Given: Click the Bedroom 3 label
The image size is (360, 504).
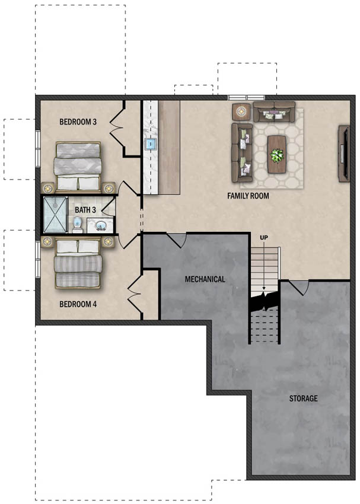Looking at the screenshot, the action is [78, 122].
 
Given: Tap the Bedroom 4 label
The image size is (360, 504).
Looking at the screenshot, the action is [78, 304].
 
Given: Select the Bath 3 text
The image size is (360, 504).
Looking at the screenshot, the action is [85, 210].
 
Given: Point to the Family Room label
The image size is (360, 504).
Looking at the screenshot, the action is [248, 196].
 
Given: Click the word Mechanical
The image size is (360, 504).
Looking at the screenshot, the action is [205, 279].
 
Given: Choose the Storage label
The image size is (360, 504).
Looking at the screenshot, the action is [303, 398].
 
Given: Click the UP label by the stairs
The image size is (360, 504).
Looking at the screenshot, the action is [264, 238].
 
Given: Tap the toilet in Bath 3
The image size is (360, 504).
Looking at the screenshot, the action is [78, 224].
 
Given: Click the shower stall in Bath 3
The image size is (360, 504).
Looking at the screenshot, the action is [55, 215].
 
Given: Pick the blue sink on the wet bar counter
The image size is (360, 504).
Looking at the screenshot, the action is [150, 144].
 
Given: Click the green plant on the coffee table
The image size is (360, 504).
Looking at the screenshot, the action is [277, 155].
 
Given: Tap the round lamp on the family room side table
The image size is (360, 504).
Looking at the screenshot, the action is [241, 111].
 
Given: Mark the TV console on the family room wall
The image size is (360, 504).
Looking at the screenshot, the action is [343, 154].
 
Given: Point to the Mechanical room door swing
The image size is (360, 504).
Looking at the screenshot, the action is [177, 240].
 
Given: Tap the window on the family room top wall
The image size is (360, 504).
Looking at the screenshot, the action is [247, 97].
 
